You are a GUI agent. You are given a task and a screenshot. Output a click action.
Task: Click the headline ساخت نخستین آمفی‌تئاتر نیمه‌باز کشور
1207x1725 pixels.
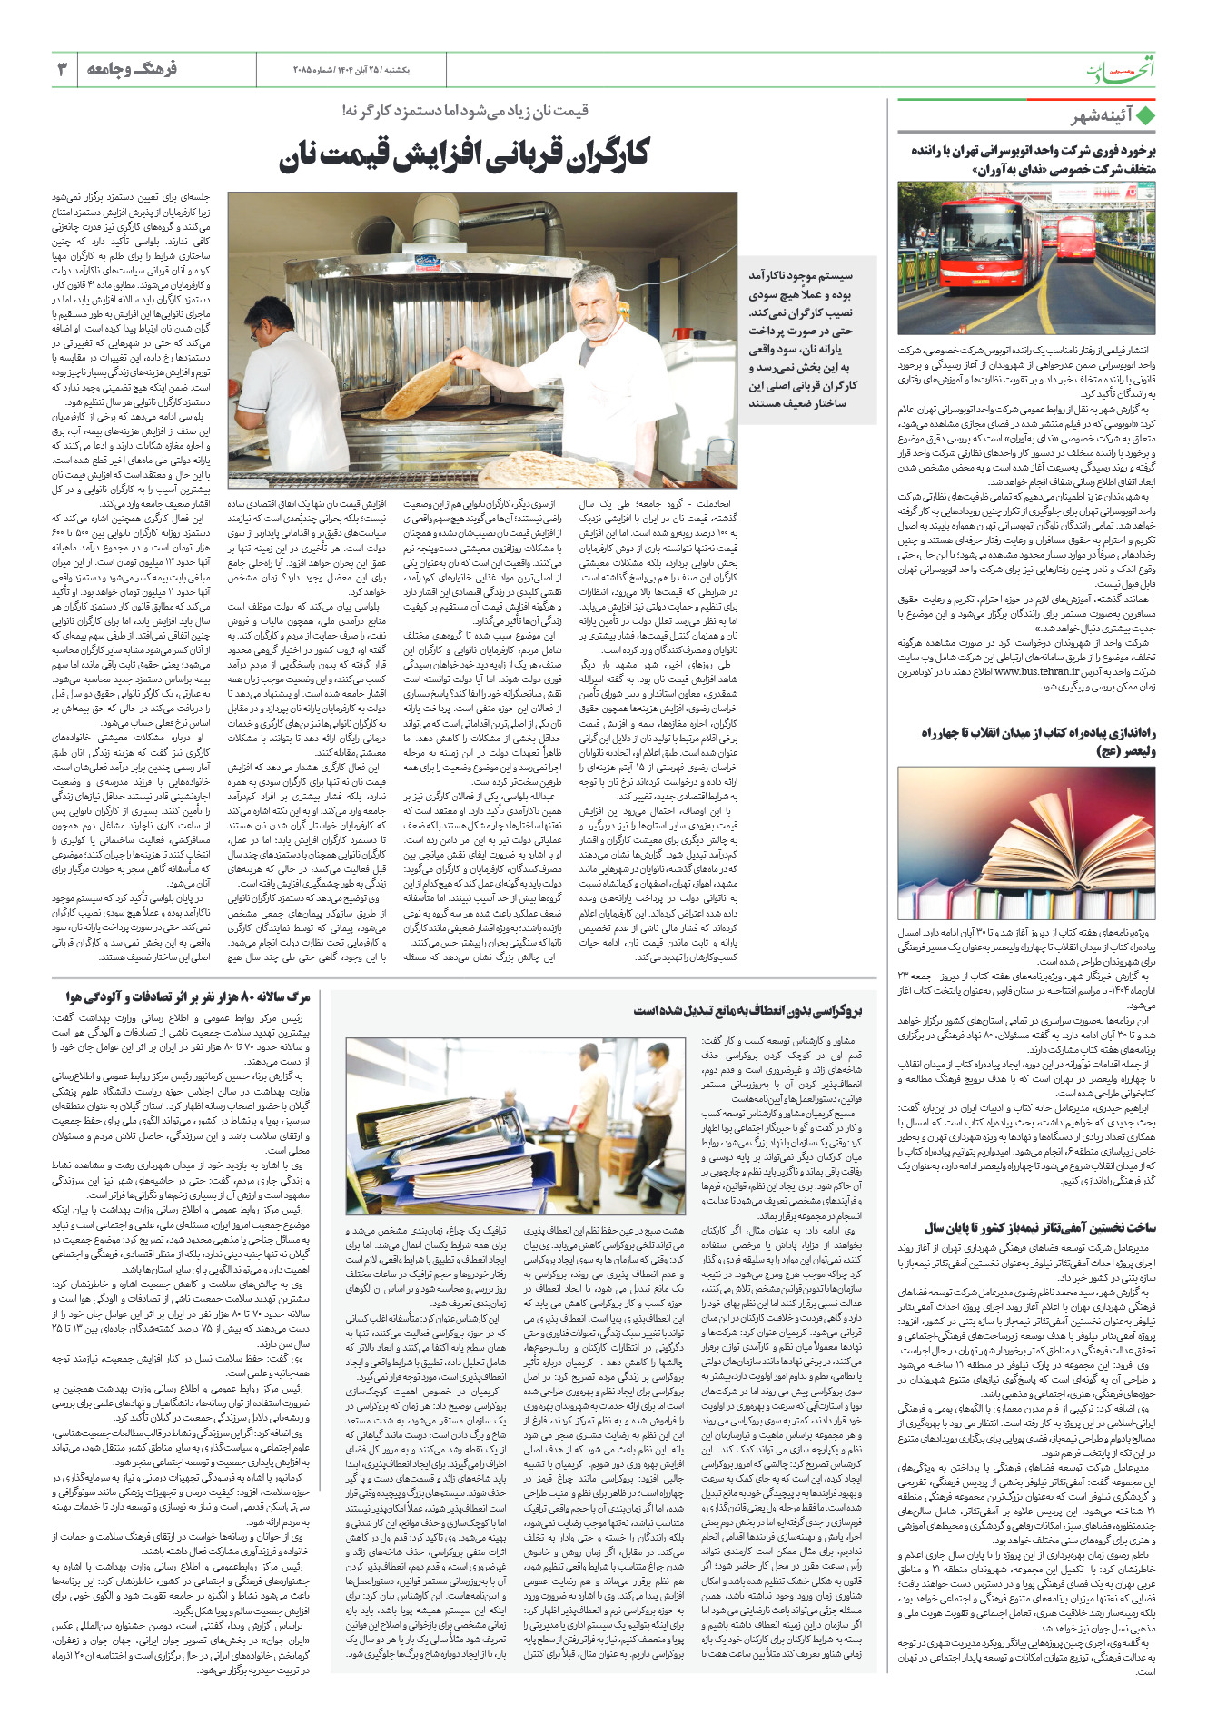tap(1041, 1227)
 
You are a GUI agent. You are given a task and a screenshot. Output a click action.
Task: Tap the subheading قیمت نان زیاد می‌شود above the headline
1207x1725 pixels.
tap(465, 111)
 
